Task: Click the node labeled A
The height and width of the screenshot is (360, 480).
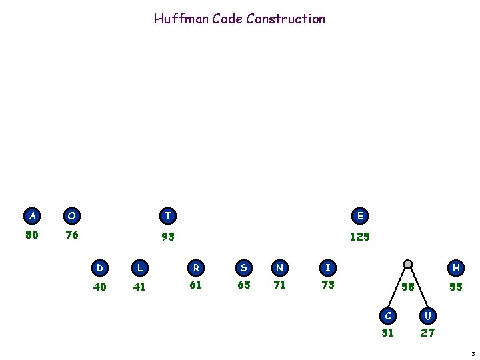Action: click(x=31, y=216)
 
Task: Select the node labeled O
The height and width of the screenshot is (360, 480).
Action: click(x=71, y=216)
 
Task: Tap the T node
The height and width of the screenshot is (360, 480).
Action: click(x=168, y=216)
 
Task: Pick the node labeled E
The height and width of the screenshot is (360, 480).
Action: click(x=360, y=216)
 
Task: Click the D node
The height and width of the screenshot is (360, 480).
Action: click(x=100, y=268)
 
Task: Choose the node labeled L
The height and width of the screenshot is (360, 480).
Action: click(x=139, y=268)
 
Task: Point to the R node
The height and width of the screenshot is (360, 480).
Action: click(x=196, y=268)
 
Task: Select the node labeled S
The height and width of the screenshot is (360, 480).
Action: click(x=244, y=268)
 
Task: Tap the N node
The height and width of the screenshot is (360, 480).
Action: click(x=280, y=268)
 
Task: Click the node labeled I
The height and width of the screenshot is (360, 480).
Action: click(x=328, y=268)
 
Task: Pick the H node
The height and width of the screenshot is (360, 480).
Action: click(x=456, y=268)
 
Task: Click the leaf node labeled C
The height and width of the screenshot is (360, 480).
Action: click(x=388, y=313)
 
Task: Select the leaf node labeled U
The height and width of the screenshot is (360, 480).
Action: click(x=427, y=313)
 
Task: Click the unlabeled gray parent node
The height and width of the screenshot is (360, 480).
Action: click(x=408, y=263)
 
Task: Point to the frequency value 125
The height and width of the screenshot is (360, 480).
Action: click(x=360, y=237)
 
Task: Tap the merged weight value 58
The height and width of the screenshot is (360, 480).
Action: click(x=408, y=287)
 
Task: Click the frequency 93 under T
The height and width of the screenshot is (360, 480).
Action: click(x=168, y=237)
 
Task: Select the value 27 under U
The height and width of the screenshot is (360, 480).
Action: click(x=427, y=333)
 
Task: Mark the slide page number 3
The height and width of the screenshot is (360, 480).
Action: click(x=471, y=353)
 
